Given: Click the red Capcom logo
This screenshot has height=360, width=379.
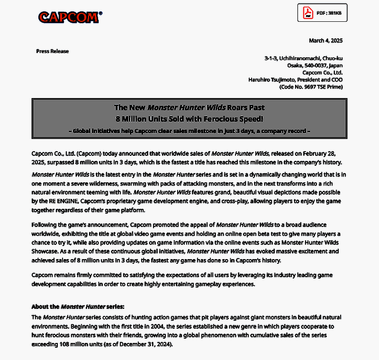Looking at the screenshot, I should [69, 17].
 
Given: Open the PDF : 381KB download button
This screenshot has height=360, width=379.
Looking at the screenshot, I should [322, 13].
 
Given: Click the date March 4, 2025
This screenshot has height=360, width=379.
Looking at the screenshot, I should [325, 41].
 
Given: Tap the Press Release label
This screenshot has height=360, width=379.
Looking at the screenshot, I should [52, 51].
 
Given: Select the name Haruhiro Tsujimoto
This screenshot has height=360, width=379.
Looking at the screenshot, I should [270, 80].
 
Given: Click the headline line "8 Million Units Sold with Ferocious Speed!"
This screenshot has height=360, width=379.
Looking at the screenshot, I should [189, 119].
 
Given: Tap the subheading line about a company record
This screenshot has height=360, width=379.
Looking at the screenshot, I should [189, 131].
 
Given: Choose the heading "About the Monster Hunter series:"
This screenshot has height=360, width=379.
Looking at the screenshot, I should [78, 306].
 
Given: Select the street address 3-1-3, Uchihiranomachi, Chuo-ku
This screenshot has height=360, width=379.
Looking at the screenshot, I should [303, 58].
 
